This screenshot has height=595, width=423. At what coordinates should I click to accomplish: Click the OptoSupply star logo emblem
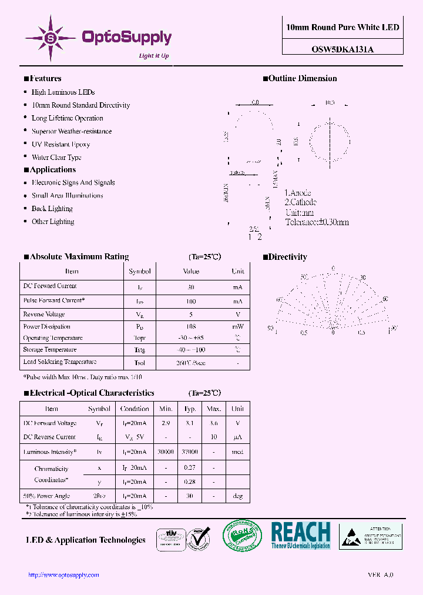click(51, 38)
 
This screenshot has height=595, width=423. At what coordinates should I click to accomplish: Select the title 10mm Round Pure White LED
click(343, 28)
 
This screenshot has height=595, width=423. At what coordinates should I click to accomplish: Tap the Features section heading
click(45, 79)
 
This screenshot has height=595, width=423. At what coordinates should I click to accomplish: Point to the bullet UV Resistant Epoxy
click(61, 144)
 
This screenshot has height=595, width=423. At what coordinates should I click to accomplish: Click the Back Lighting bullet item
click(52, 209)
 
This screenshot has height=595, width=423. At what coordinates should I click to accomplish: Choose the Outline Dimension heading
click(303, 79)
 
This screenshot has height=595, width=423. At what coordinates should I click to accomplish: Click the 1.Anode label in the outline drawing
click(298, 193)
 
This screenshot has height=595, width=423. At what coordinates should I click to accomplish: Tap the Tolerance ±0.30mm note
click(317, 222)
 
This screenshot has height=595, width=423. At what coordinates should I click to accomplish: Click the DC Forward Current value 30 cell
click(190, 287)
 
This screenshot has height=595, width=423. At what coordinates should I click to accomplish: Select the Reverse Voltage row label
click(44, 315)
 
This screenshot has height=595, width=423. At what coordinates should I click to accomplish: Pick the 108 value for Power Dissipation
click(190, 326)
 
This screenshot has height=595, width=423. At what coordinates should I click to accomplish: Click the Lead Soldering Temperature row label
click(59, 362)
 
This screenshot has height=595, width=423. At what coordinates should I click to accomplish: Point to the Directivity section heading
click(287, 257)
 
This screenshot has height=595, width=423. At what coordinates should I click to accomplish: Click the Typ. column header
click(190, 409)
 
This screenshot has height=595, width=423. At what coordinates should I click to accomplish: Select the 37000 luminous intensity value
click(190, 452)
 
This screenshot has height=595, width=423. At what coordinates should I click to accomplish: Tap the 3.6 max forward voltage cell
click(214, 423)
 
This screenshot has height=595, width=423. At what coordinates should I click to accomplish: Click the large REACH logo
click(301, 535)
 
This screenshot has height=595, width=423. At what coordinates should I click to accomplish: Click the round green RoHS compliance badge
click(241, 536)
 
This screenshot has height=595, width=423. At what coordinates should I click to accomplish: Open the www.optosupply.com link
click(63, 575)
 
